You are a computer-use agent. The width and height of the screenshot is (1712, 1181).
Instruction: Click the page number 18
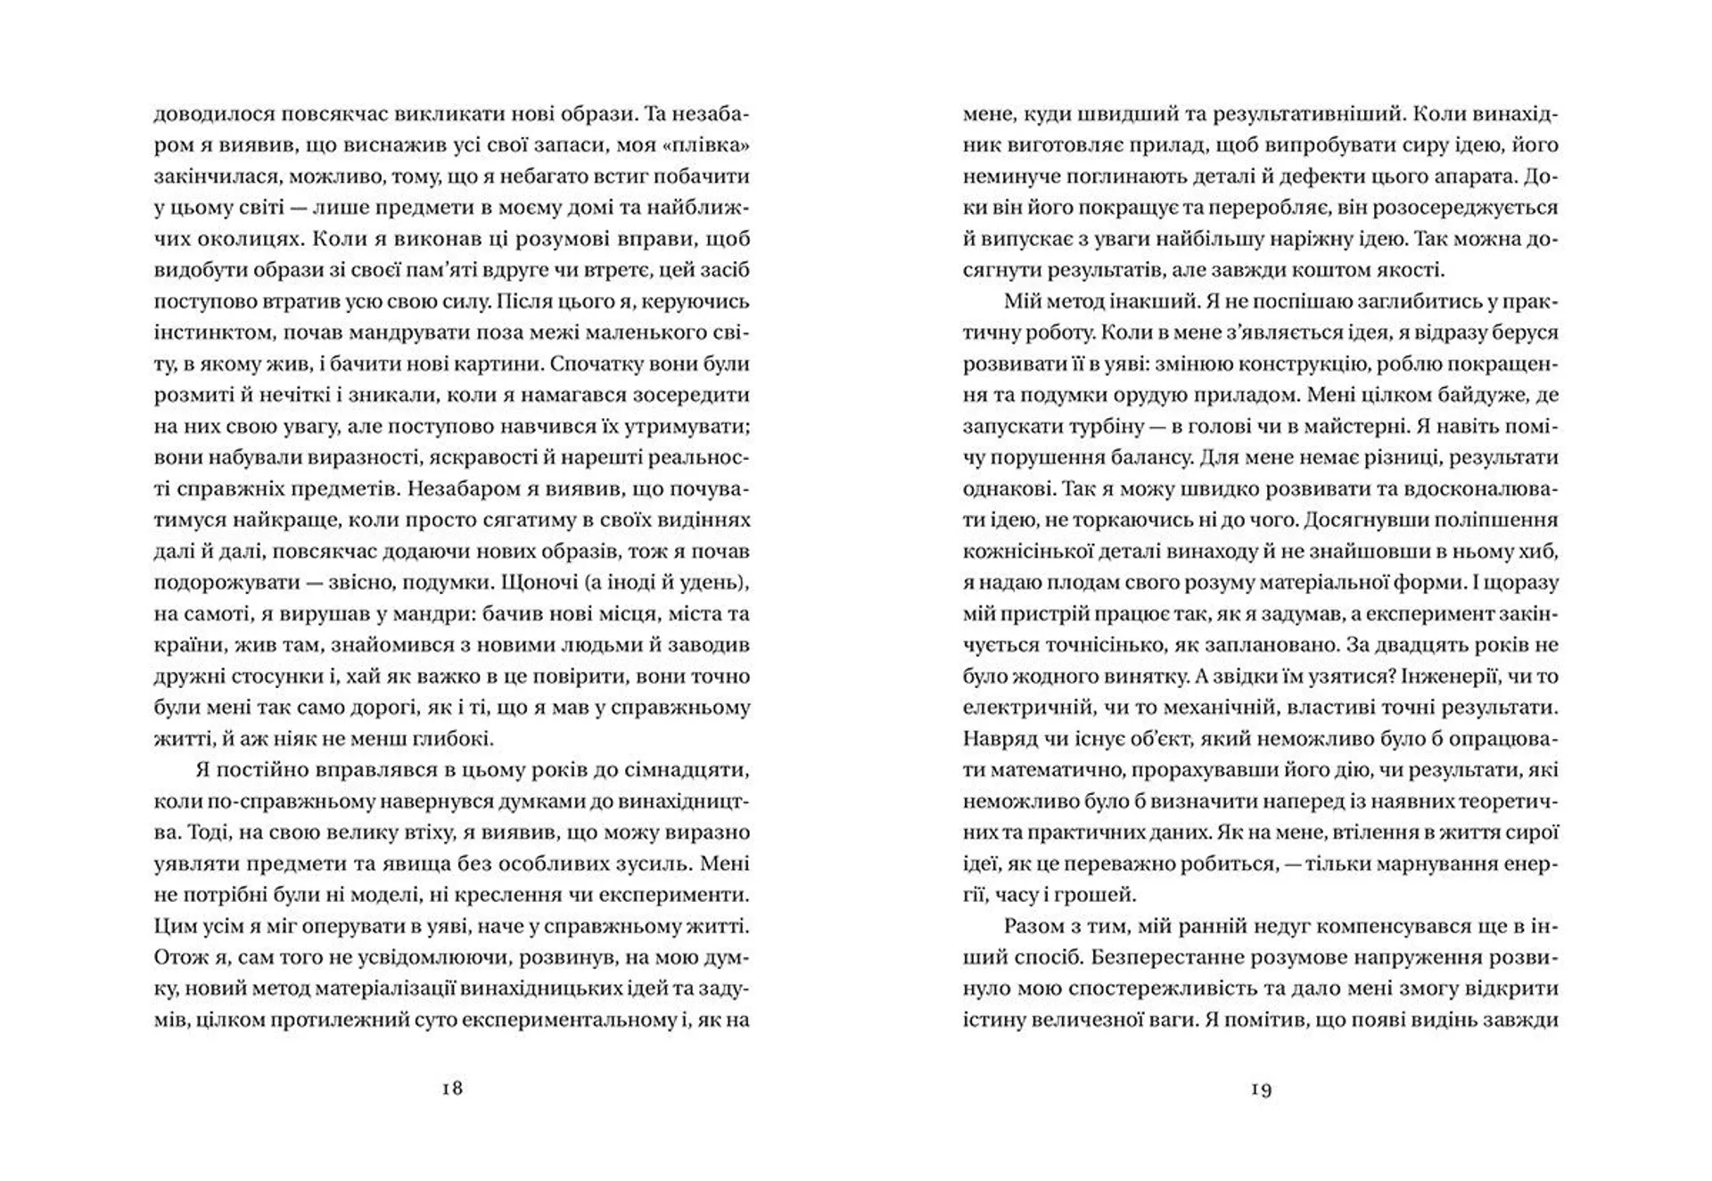pyautogui.click(x=452, y=1088)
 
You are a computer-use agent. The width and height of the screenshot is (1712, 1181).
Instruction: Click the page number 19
pyautogui.click(x=1261, y=1088)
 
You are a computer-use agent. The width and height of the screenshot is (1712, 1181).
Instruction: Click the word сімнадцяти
pyautogui.click(x=685, y=770)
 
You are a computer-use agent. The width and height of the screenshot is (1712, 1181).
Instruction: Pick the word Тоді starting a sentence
pyautogui.click(x=210, y=832)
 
